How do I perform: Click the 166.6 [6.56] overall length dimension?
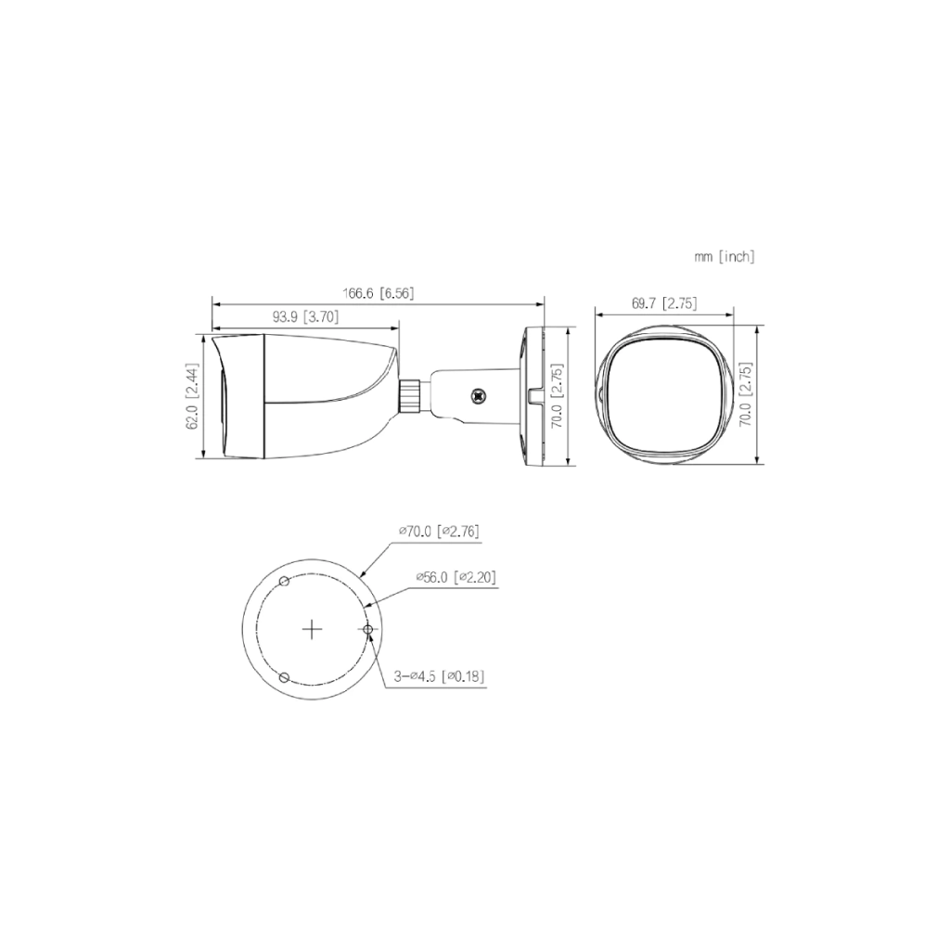click(x=379, y=294)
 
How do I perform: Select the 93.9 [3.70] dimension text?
click(x=305, y=316)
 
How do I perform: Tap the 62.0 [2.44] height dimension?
click(x=193, y=397)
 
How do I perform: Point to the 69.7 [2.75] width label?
click(x=664, y=303)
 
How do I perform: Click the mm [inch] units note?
click(x=725, y=257)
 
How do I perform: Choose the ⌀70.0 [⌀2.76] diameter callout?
click(x=439, y=532)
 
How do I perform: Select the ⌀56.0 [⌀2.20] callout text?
click(x=456, y=577)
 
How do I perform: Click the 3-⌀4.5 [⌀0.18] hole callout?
click(x=439, y=676)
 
